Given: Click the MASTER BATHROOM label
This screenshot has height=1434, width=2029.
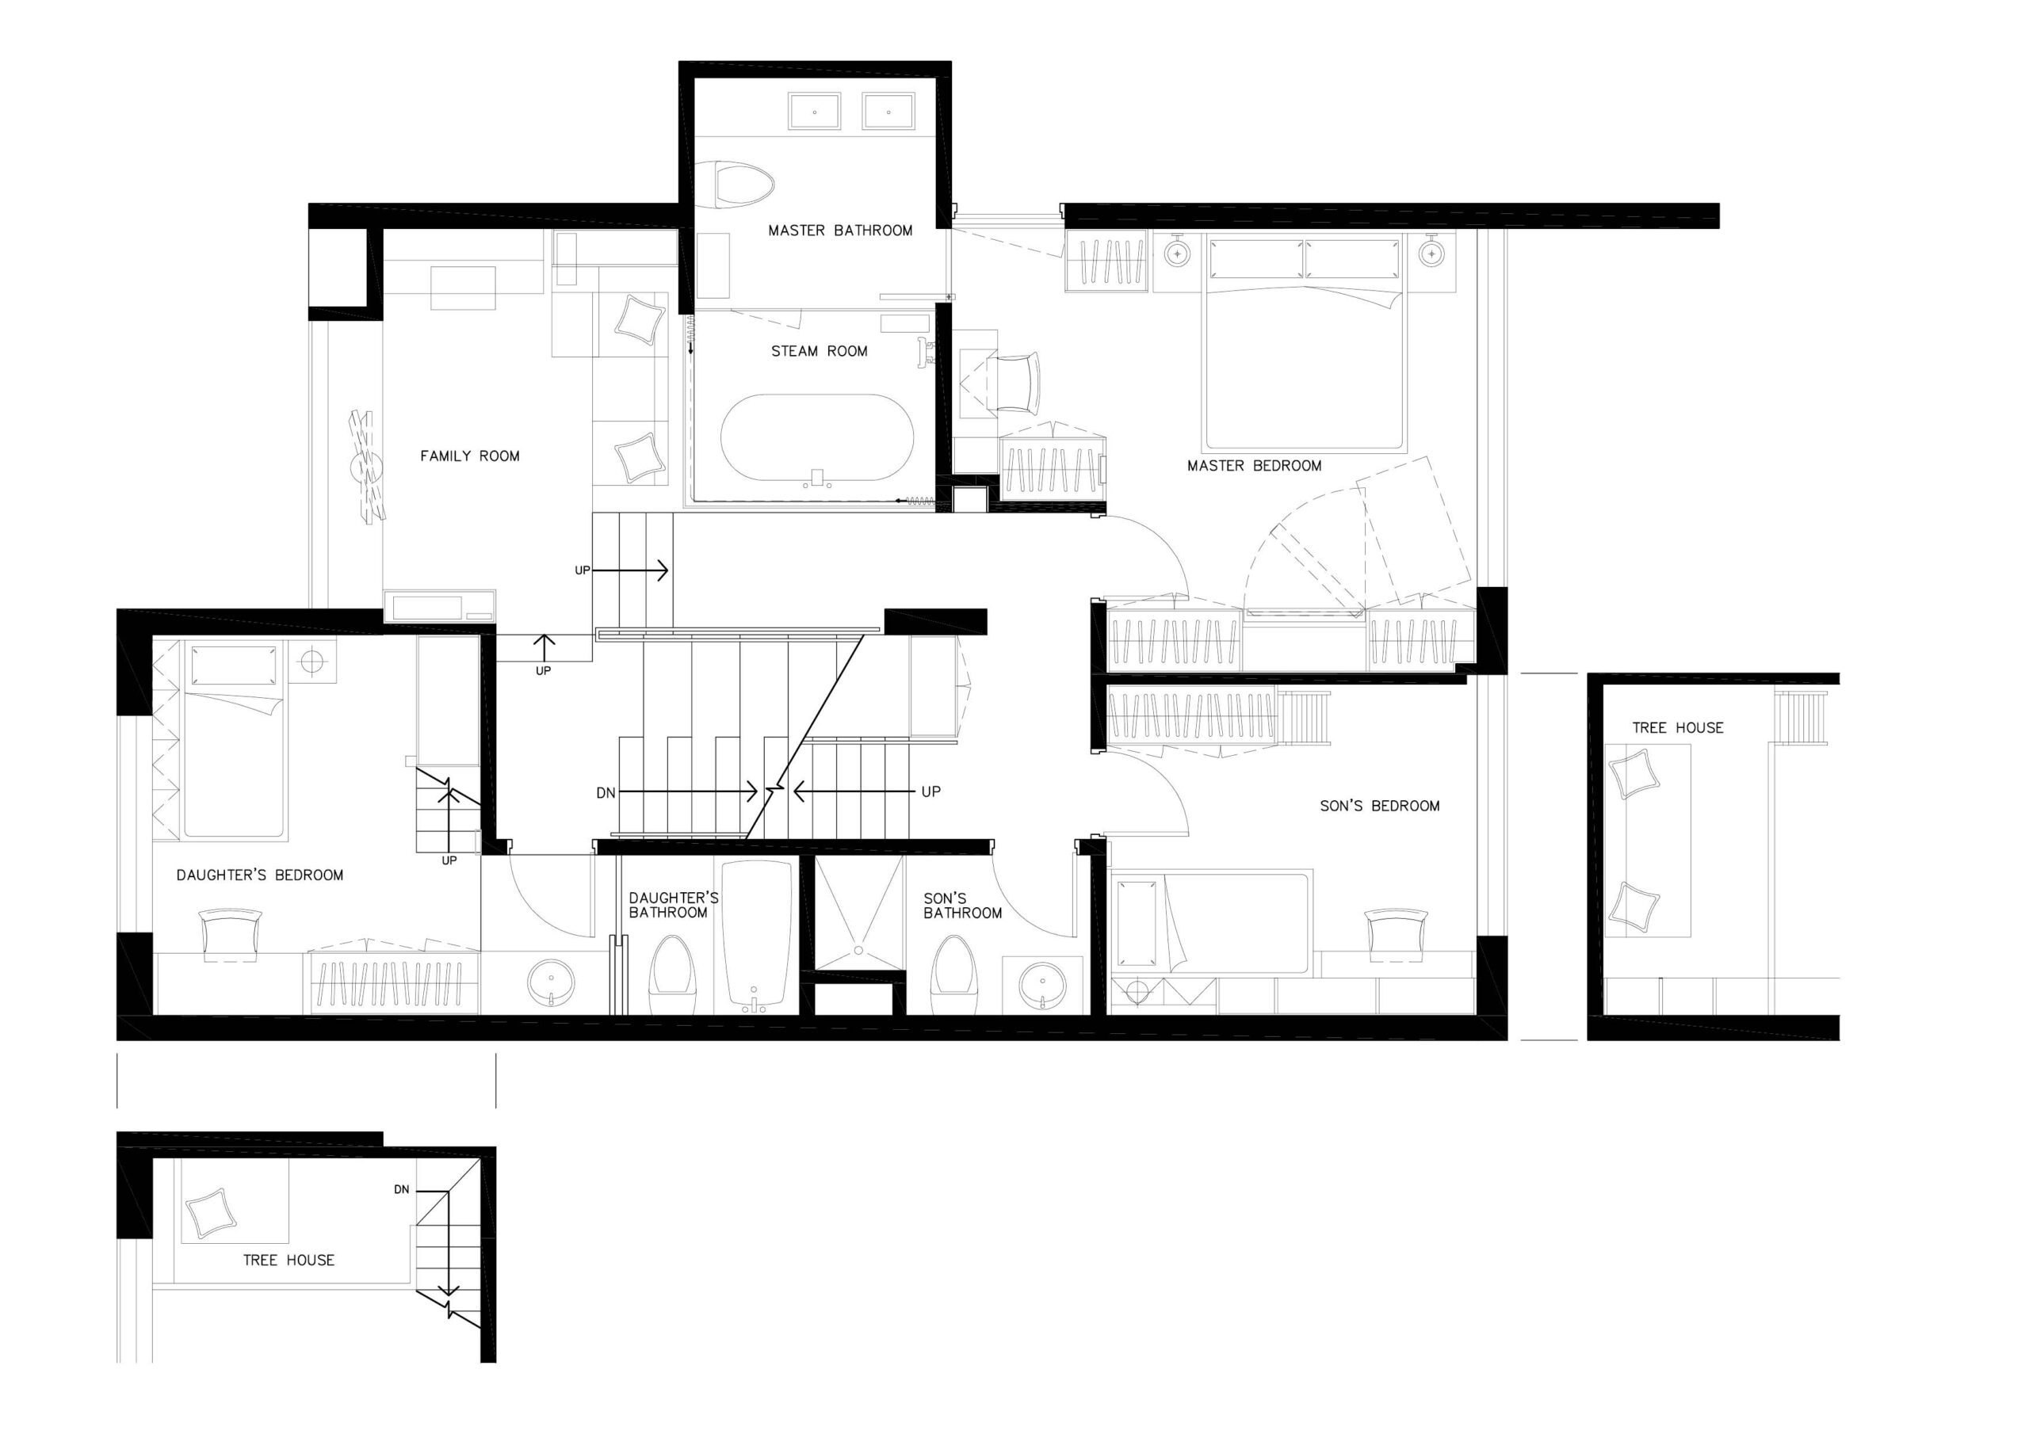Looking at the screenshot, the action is point(839,231).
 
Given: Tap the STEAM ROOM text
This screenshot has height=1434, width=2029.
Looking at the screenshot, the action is point(820,352).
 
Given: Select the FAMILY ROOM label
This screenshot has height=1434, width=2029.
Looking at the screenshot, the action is point(469,456).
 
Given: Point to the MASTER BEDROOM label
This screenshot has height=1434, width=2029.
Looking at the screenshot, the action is point(1254,466).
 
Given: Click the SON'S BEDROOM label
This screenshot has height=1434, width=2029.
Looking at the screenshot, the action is point(1379,806).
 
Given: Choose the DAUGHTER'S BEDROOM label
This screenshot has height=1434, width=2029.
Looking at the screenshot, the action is point(260,875).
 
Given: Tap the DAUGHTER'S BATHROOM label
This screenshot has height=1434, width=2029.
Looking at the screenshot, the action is point(674,905).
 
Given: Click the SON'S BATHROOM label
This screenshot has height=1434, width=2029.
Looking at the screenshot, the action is point(962,905).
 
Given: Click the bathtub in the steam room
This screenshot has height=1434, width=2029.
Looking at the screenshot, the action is point(817,438).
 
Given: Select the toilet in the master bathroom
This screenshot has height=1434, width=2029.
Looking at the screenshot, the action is point(744,186).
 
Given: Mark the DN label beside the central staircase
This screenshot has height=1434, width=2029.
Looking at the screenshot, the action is point(606,793).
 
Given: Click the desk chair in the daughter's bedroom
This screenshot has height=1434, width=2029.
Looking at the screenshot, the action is point(232,933).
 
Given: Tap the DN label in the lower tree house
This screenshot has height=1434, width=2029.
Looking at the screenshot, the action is point(401,1190).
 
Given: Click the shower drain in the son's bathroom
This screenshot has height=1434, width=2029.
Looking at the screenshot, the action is point(858,951).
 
